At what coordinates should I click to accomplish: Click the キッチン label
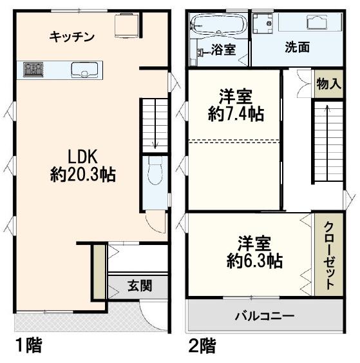pyautogui.click(x=72, y=37)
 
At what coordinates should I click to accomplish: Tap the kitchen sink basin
pyautogui.click(x=83, y=70)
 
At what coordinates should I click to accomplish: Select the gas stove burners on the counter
pyautogui.click(x=32, y=70)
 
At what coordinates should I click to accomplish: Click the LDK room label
pyautogui.click(x=82, y=157)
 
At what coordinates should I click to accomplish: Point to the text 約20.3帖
pyautogui.click(x=82, y=175)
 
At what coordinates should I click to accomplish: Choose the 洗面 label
pyautogui.click(x=297, y=48)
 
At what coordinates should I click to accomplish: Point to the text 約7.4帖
pyautogui.click(x=234, y=114)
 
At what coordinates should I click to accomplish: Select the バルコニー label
pyautogui.click(x=264, y=316)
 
